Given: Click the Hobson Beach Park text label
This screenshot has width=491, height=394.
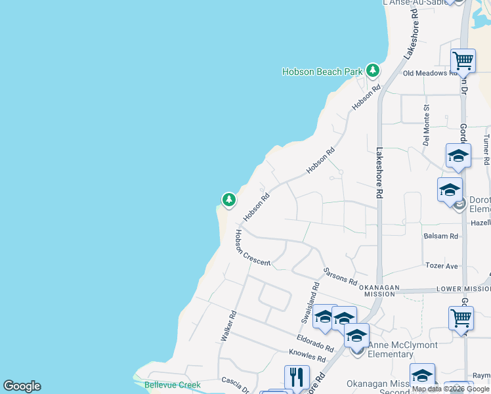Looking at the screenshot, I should pos(322,72).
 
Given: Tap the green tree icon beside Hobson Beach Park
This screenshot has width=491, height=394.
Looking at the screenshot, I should pos(373,70).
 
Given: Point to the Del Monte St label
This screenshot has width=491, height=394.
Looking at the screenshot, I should pos(426,124).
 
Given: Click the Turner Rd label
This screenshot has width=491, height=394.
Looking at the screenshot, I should pos(486,150).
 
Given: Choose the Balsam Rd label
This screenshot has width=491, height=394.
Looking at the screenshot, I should pos(440,236).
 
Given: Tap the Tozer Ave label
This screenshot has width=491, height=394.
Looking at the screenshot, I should pos(441,266).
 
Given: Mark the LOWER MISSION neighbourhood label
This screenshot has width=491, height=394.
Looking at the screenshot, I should pos(463,289).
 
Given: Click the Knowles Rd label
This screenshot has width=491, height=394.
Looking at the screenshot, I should pos(307,356).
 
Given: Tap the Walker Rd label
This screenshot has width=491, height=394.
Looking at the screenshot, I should pos(227,326).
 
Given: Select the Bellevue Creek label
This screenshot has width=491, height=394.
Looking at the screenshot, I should pos(172,385).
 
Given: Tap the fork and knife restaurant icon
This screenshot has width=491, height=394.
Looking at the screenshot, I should pos(297,378).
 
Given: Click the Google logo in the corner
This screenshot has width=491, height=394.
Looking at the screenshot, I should pos(22,386).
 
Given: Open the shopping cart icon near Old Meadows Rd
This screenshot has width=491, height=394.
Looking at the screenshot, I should pos(463,61).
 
